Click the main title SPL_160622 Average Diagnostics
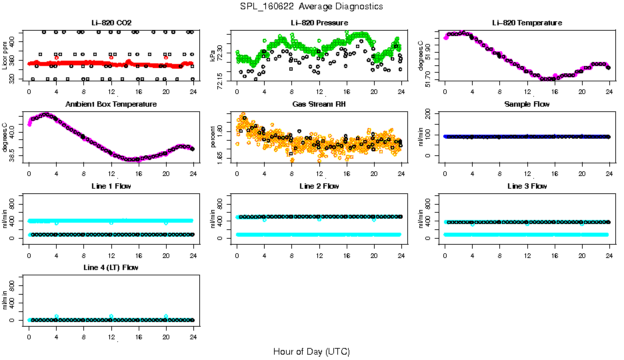(312, 6)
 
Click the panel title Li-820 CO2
(111, 23)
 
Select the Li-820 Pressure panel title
(319, 23)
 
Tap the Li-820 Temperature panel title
(527, 23)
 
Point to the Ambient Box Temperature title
(111, 105)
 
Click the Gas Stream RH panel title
(319, 105)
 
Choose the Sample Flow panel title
(527, 105)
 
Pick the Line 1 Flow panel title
(111, 186)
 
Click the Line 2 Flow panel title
(319, 186)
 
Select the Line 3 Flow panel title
(527, 186)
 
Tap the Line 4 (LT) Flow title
(111, 267)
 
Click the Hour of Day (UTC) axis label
(311, 351)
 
